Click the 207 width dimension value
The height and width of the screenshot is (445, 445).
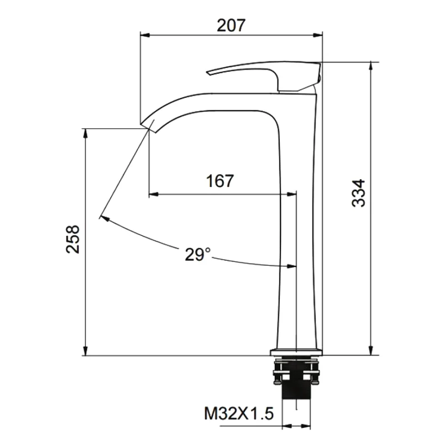coord(231,24)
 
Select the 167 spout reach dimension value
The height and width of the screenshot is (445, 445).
coord(220,181)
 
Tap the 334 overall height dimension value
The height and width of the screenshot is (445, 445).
coord(360,193)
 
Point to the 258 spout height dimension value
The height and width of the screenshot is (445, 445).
coord(73,239)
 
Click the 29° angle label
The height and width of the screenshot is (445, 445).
coord(198,254)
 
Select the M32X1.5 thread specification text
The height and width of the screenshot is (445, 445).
coord(239,413)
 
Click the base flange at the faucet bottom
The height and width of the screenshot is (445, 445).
coord(296,352)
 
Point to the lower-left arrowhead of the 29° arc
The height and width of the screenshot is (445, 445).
coord(103,219)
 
